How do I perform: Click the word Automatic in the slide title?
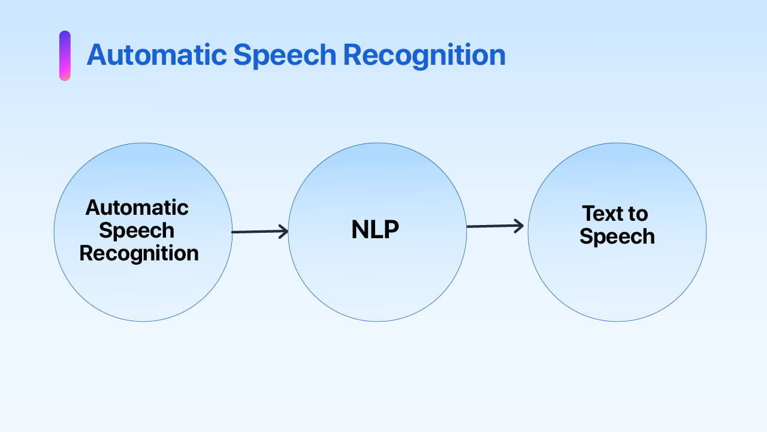(156, 55)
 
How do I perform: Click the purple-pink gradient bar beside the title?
(65, 56)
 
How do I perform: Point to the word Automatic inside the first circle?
(137, 208)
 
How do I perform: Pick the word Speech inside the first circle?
(137, 231)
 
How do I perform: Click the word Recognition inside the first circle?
(139, 253)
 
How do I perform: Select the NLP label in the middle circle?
(375, 230)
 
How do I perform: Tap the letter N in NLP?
(360, 230)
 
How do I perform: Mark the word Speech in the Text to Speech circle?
(617, 236)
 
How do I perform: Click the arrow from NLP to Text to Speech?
(494, 226)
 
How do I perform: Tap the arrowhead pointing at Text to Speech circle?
(519, 226)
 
